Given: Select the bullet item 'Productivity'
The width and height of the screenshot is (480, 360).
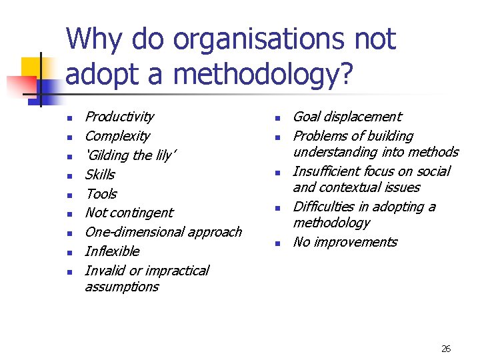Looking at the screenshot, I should (x=119, y=117).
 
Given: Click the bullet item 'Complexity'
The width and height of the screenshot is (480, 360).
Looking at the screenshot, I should (x=117, y=136).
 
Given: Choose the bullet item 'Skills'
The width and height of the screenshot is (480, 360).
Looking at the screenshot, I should (x=100, y=175).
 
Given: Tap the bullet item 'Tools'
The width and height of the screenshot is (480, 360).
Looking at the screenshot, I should (x=101, y=194).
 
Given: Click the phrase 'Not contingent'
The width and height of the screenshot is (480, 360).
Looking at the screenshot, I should (x=129, y=213).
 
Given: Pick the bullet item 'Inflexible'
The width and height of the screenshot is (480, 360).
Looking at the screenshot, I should (x=112, y=251).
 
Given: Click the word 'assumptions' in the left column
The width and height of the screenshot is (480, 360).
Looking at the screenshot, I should (x=122, y=287).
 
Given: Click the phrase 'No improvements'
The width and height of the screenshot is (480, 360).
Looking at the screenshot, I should (x=345, y=242).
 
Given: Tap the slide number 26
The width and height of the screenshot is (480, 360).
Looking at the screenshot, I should (x=446, y=349).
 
